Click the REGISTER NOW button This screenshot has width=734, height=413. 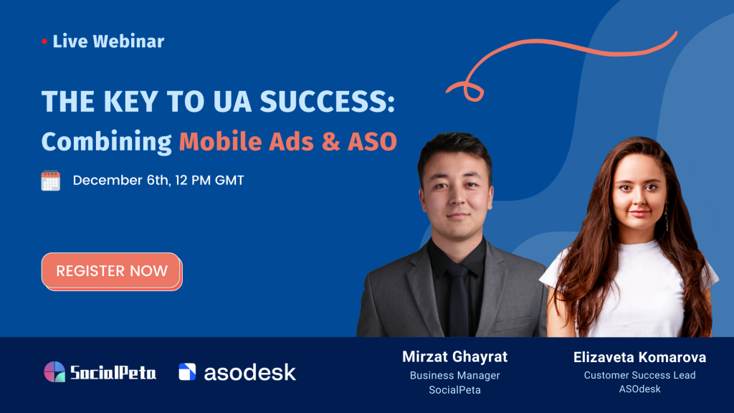(x=111, y=271)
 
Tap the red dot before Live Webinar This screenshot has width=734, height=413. (x=44, y=42)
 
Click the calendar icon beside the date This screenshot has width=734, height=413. (x=51, y=181)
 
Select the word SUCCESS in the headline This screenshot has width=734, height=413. (x=327, y=101)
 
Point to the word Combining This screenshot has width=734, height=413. (x=107, y=142)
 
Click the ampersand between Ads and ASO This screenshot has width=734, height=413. (x=330, y=142)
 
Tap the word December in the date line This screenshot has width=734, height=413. (x=108, y=180)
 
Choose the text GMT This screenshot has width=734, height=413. (x=229, y=181)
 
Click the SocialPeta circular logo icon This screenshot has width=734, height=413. (x=54, y=372)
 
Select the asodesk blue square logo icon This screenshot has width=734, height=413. (x=187, y=372)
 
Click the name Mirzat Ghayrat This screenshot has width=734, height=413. (x=454, y=357)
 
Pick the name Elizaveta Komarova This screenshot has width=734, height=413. (x=639, y=357)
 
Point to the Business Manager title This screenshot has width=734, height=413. (x=454, y=376)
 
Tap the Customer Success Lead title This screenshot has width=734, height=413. (x=639, y=375)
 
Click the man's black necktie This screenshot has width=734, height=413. (x=459, y=300)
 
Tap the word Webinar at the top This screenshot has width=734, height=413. (x=128, y=41)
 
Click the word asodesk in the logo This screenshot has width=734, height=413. (x=249, y=372)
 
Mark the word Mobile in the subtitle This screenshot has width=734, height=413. (x=220, y=141)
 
